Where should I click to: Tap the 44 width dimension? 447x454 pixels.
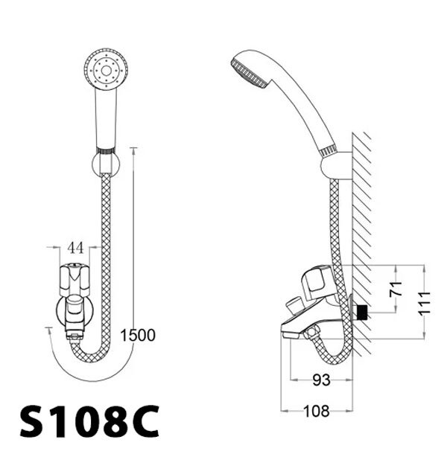point(74,246)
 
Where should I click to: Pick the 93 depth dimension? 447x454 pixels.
point(321,380)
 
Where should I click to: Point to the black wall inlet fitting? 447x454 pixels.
point(362,313)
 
